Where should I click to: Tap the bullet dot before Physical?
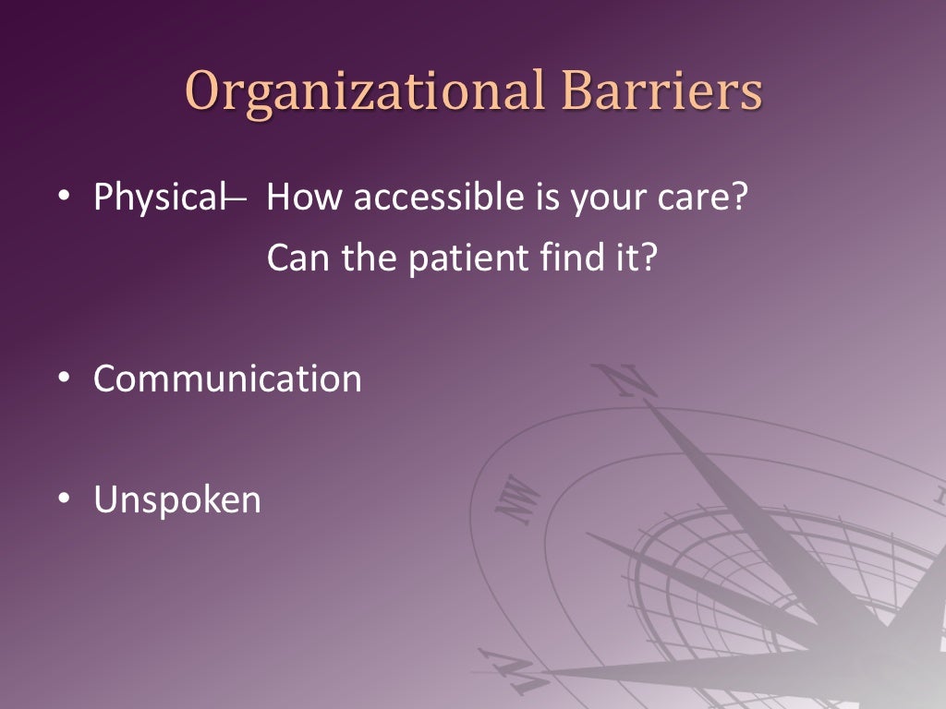(x=64, y=198)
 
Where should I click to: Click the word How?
(x=301, y=198)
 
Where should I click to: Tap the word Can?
(x=297, y=258)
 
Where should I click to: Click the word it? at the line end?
(x=635, y=258)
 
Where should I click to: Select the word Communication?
(x=227, y=379)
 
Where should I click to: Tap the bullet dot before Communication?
(x=64, y=379)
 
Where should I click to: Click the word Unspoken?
(x=176, y=500)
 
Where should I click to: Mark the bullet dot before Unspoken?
(x=64, y=499)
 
